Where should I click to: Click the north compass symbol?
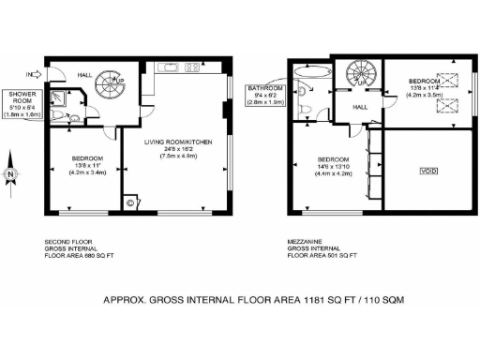click(x=10, y=172)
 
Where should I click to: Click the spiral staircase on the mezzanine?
click(x=358, y=73)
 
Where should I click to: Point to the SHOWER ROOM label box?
click(x=22, y=103)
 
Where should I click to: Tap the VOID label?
click(x=428, y=172)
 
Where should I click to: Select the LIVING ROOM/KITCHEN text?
click(x=185, y=142)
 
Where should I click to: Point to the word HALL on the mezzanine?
click(x=359, y=108)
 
